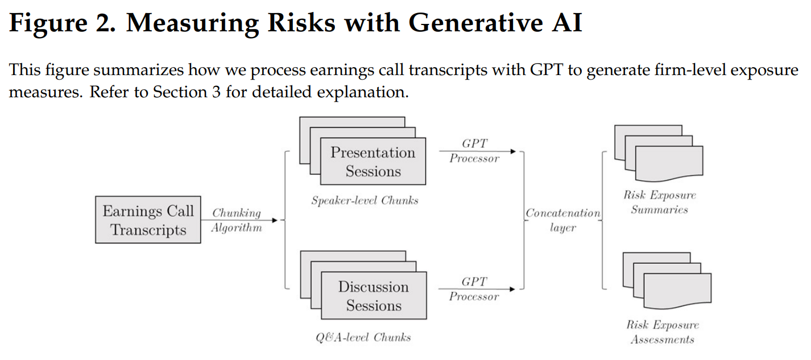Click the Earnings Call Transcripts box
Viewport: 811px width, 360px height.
click(x=148, y=220)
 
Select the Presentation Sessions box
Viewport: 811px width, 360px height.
click(x=373, y=162)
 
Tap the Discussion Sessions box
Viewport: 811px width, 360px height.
click(x=373, y=296)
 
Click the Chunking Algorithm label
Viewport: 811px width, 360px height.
click(x=237, y=220)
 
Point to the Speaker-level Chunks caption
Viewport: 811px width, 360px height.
click(x=365, y=200)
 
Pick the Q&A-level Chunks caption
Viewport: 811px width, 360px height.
click(x=363, y=337)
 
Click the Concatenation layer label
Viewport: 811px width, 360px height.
click(x=562, y=220)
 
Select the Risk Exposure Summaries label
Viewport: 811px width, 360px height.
click(x=659, y=202)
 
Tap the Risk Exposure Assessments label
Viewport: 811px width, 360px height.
click(x=662, y=333)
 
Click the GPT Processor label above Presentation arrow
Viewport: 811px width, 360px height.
click(x=474, y=151)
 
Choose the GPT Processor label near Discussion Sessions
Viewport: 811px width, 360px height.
click(x=474, y=289)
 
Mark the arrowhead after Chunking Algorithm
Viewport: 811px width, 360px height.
click(x=275, y=220)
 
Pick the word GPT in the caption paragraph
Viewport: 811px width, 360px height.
click(x=547, y=71)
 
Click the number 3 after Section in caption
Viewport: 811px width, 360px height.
click(x=216, y=92)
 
